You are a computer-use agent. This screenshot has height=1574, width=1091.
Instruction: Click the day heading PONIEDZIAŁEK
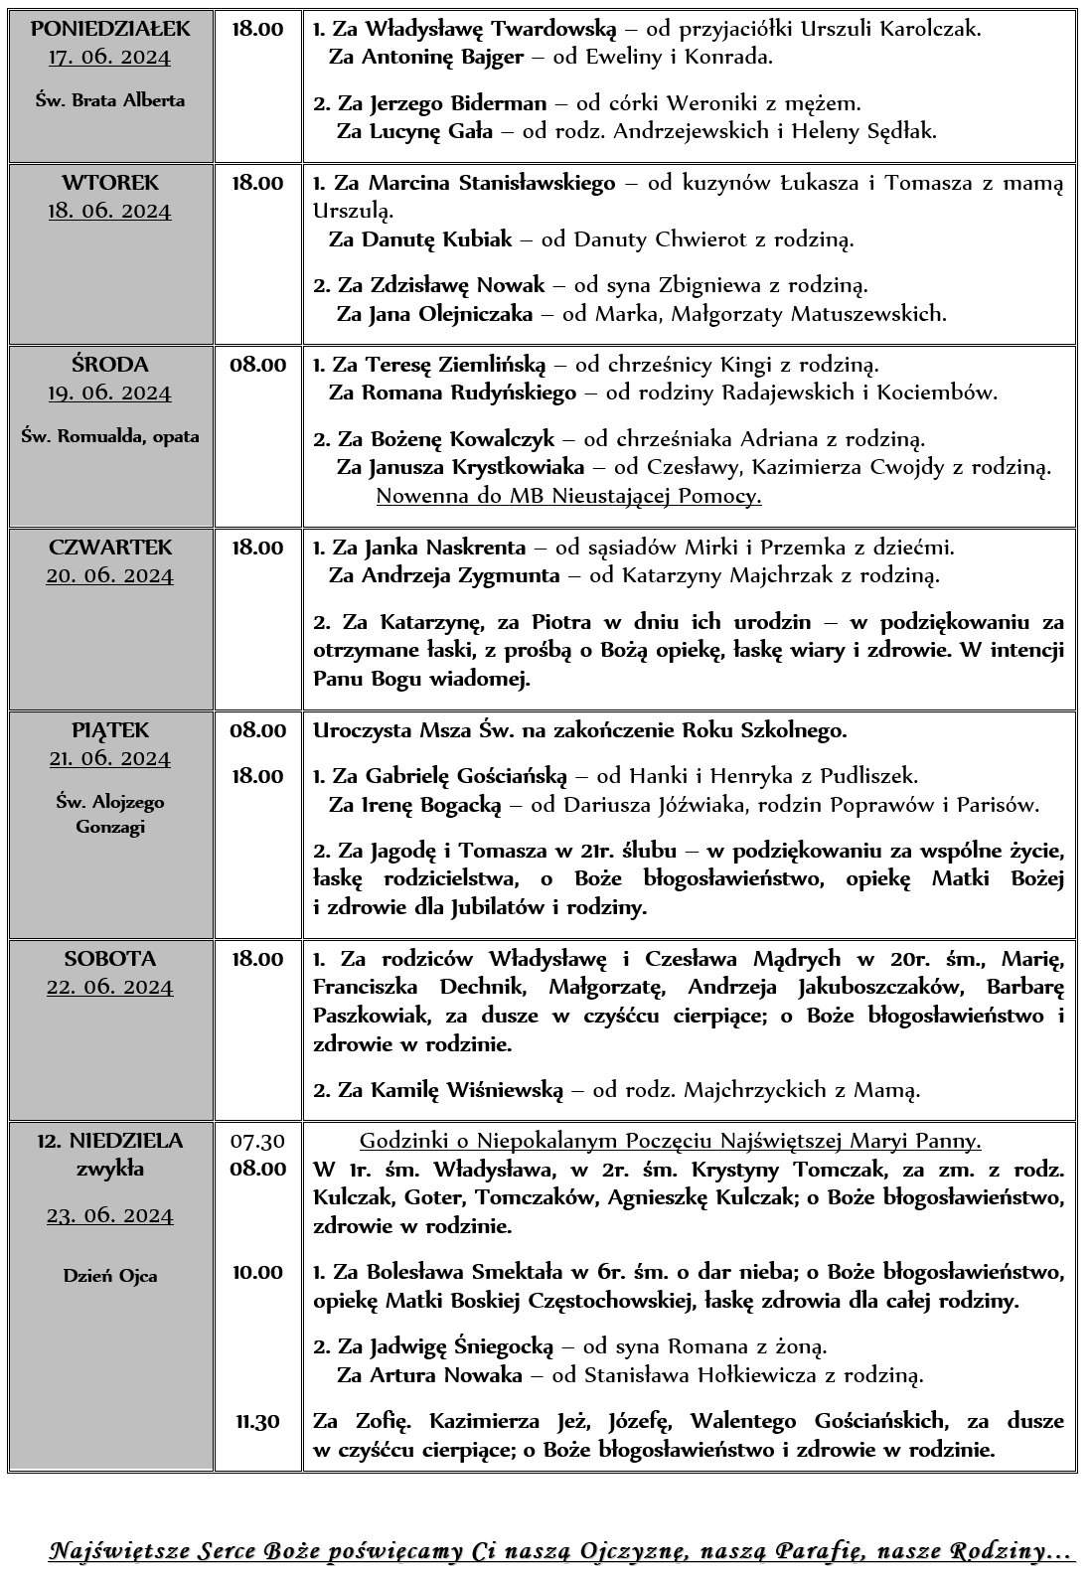109,28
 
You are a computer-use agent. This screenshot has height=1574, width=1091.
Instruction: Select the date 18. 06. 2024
109,211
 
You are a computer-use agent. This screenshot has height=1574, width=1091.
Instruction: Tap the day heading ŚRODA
109,365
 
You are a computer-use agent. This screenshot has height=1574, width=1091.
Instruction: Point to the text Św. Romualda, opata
109,436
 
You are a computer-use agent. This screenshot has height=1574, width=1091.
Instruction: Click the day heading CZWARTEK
109,548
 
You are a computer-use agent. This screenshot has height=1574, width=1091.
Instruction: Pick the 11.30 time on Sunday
257,1422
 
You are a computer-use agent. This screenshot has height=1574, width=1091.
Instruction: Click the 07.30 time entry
257,1141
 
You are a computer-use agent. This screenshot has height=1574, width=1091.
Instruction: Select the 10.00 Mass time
257,1272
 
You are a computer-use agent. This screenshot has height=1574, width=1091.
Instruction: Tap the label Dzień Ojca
109,1276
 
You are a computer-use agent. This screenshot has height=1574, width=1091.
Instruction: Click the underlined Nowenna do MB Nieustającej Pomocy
568,496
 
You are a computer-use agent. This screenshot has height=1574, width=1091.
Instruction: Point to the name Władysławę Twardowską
492,29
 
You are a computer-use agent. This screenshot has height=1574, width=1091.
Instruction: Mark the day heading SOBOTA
109,960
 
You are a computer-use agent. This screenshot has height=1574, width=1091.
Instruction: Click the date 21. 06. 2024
109,759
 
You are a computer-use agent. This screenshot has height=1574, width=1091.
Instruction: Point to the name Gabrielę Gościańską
466,776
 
